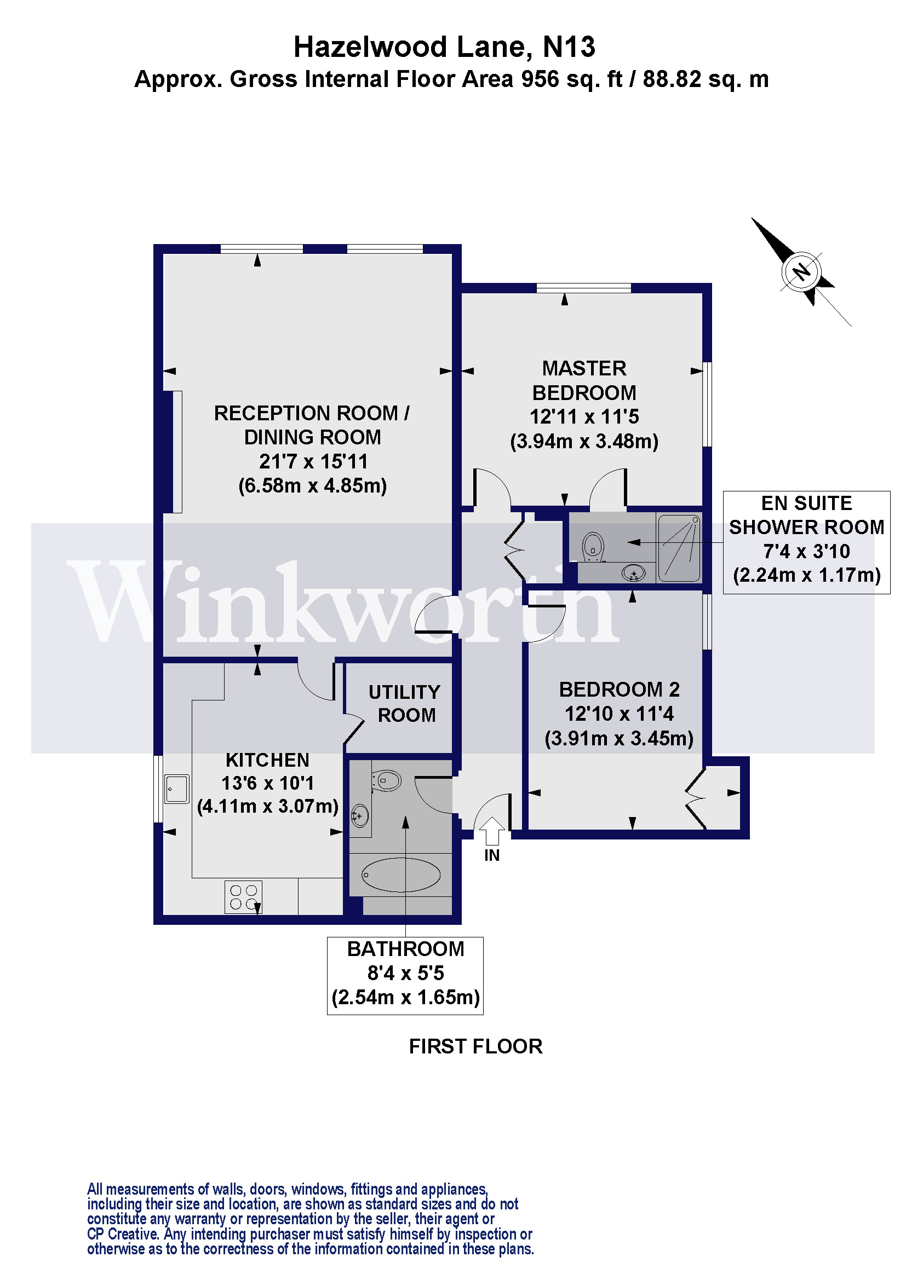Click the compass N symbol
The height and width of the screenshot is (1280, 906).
point(802,272)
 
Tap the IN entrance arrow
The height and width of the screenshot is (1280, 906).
point(491,831)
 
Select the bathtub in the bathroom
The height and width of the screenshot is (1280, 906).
point(400,874)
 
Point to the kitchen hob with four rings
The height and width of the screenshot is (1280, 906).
point(243,896)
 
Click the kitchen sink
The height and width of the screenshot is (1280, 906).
point(177,789)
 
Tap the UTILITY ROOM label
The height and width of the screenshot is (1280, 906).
point(405,704)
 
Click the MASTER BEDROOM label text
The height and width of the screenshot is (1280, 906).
point(584,380)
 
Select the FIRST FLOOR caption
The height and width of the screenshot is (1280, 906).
point(475,1046)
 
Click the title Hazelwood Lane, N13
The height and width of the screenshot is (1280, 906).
point(444,47)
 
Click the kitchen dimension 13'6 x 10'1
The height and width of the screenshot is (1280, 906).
point(267,783)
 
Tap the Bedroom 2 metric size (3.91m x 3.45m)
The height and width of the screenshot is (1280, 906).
point(618,738)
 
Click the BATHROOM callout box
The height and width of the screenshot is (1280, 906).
point(405,973)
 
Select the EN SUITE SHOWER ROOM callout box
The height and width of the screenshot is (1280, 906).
point(806,542)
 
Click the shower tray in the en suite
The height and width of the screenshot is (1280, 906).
point(679,547)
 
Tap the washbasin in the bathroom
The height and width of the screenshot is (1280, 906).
point(359,816)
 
